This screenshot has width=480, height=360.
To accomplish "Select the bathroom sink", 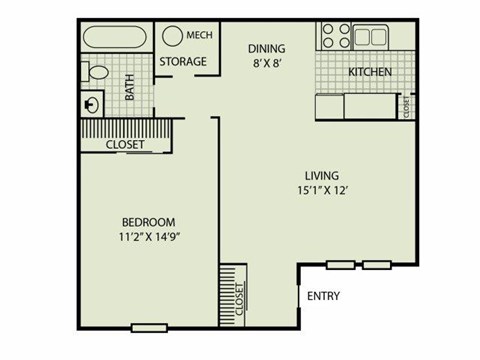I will (93, 102).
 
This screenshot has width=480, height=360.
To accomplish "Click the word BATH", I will (130, 89).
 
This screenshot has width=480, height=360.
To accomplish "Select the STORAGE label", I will (183, 62).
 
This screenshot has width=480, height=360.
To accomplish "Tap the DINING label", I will (266, 48).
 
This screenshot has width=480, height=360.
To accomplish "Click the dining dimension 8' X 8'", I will (266, 63).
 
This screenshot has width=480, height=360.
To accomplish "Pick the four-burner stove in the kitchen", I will (334, 37).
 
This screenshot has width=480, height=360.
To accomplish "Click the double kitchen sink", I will (371, 37).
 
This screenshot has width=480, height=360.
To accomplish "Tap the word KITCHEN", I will (369, 73).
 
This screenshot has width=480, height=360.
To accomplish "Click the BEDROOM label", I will (149, 221).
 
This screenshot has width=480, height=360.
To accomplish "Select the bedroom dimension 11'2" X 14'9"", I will (149, 237).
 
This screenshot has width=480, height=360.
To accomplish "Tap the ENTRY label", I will (324, 295).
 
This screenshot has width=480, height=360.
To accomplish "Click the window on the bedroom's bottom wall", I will (149, 327).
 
